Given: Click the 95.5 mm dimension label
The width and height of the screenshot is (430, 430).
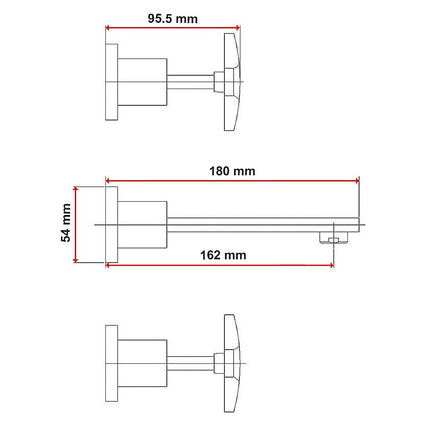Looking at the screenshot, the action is click(173, 19).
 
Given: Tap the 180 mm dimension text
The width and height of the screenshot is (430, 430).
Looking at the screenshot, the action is click(232, 171).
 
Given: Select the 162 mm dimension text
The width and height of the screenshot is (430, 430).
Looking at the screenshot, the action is click(223, 255).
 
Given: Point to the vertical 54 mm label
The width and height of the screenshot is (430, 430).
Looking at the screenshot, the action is click(66, 223).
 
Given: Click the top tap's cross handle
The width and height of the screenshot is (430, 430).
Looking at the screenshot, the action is click(232, 82).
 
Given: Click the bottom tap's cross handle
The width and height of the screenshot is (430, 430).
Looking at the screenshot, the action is click(232, 363).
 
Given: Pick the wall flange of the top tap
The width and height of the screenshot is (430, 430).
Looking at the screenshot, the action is click(112, 82).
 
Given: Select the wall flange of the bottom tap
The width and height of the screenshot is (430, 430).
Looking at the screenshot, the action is click(112, 363).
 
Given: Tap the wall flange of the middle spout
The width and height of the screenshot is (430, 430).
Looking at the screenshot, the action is click(112, 224).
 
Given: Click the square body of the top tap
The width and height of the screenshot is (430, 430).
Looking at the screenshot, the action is click(142, 82).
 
